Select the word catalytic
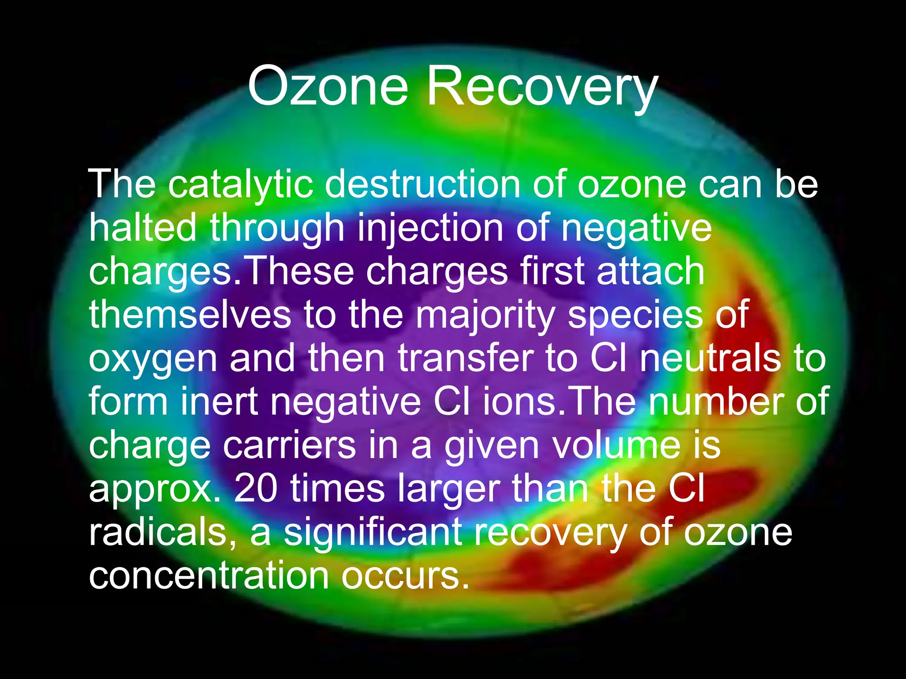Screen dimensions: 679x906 [x=241, y=184]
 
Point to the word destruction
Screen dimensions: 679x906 [x=422, y=184]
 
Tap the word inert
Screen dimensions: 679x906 [x=219, y=401]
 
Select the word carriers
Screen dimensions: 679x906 [x=289, y=445]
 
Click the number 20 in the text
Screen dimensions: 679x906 [x=256, y=488]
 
